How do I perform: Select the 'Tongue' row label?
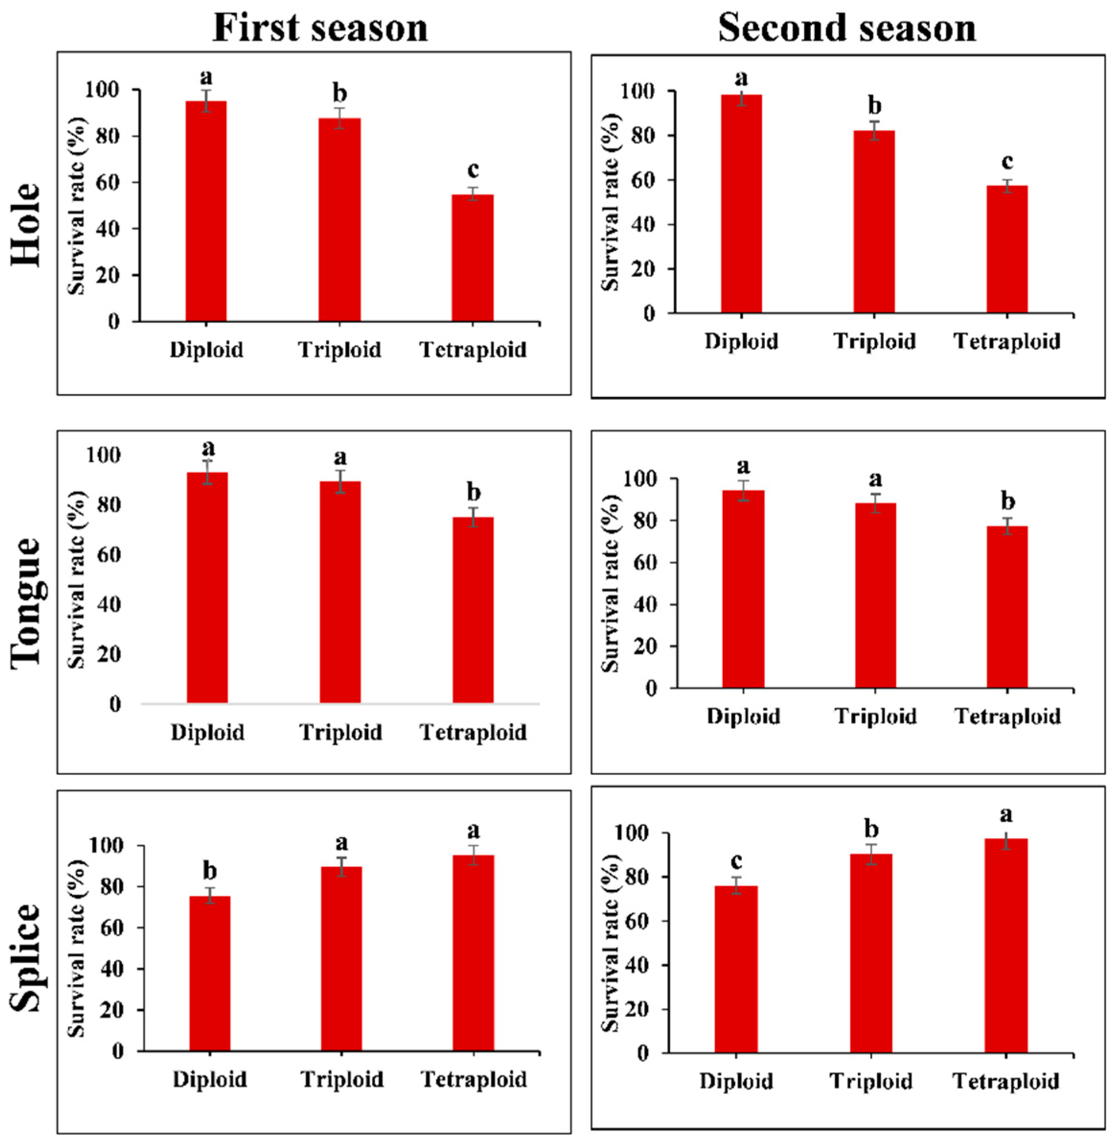tap(26, 601)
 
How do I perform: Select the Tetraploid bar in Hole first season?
tap(472, 258)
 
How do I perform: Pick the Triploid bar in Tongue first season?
tap(340, 592)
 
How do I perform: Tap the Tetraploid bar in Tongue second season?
tap(1007, 607)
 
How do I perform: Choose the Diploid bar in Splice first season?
tap(209, 973)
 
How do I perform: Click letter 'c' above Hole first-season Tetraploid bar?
tap(472, 170)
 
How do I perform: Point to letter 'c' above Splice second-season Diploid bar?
tap(736, 861)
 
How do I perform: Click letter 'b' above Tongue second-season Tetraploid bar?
tap(1007, 501)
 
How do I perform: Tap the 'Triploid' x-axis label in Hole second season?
tap(874, 341)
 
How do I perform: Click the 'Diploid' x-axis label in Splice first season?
tap(209, 1079)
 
